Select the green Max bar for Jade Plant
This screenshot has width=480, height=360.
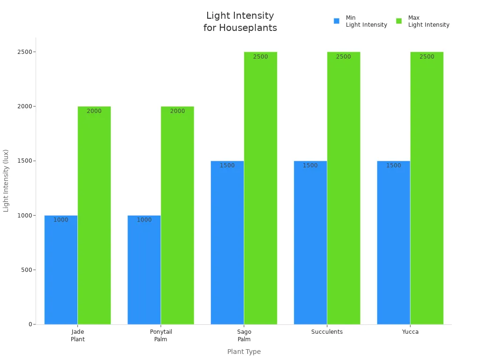(x=94, y=216)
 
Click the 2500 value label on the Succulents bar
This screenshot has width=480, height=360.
(x=344, y=57)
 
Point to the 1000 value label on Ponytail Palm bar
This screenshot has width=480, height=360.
(x=144, y=220)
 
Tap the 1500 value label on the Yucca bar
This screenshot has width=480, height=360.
(x=394, y=165)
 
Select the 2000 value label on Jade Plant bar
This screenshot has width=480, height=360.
(x=94, y=111)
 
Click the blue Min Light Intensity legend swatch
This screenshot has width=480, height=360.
(x=337, y=21)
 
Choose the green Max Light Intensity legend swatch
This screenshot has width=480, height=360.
(x=399, y=21)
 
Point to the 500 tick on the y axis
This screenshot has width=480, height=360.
(x=26, y=270)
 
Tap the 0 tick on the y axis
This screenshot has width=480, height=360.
(x=30, y=324)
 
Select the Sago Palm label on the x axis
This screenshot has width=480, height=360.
(x=244, y=336)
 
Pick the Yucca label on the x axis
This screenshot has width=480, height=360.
(x=410, y=332)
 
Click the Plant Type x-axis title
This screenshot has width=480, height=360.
(x=244, y=352)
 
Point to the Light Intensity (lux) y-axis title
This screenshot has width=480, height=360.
(x=6, y=180)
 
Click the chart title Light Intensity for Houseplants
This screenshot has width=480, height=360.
(x=240, y=22)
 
